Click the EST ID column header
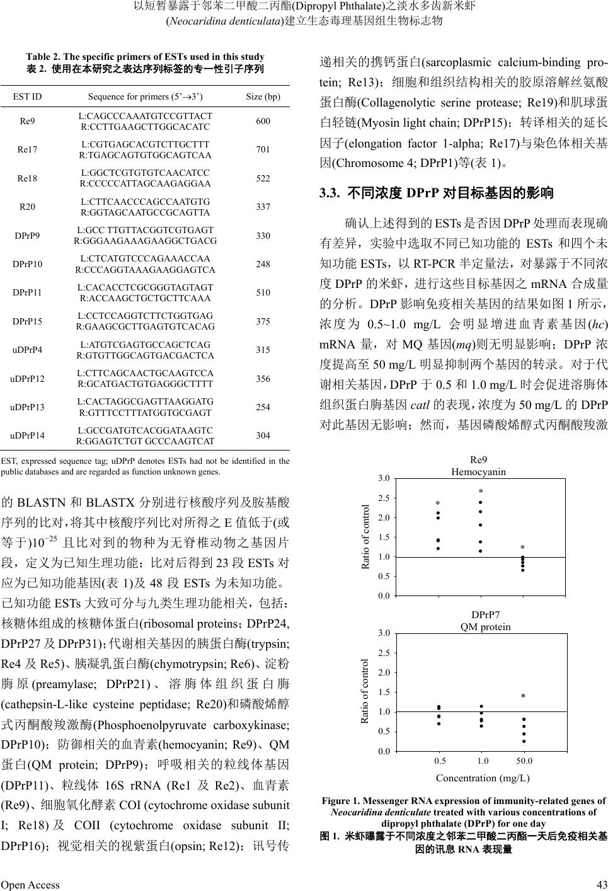(x=28, y=96)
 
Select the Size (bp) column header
(x=263, y=96)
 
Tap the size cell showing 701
(x=263, y=149)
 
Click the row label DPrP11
(x=28, y=292)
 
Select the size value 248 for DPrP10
(x=263, y=263)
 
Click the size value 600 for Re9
(x=263, y=121)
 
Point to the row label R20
(x=28, y=207)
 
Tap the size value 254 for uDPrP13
(x=263, y=406)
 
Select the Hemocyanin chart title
(x=478, y=471)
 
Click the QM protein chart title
(x=485, y=627)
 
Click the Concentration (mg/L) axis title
(x=483, y=778)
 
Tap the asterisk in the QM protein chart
(x=523, y=697)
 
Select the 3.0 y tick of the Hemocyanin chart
(x=384, y=479)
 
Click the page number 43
(x=601, y=885)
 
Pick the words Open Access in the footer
(x=30, y=885)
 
